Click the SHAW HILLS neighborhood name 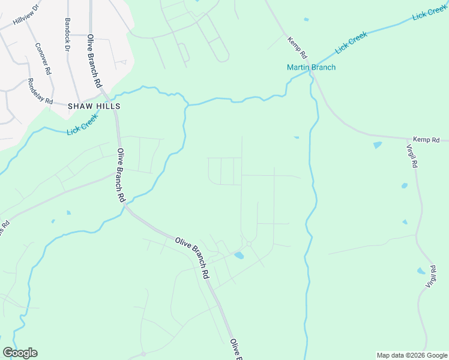click(x=94, y=106)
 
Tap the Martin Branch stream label click(x=310, y=67)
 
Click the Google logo click(x=20, y=352)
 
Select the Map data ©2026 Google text click(x=411, y=355)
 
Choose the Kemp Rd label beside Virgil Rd click(x=426, y=140)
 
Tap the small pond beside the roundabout click(x=239, y=256)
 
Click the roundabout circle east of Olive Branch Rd click(x=248, y=244)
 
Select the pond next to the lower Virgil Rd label click(x=420, y=271)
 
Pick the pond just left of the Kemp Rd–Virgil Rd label click(x=377, y=145)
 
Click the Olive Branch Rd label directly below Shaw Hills click(x=121, y=175)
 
